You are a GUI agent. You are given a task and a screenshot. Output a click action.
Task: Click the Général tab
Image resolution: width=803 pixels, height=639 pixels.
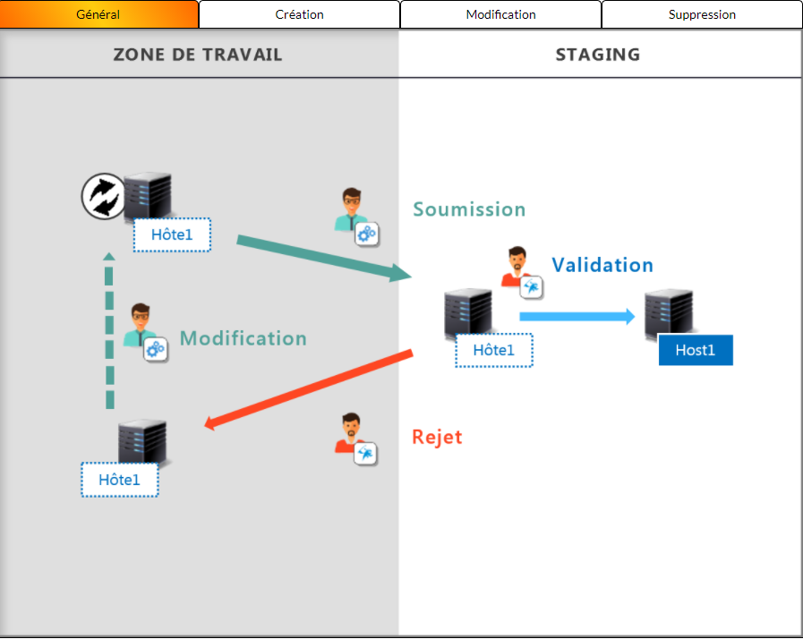[x=98, y=14]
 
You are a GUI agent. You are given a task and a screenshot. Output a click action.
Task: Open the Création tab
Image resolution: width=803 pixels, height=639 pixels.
[x=299, y=14]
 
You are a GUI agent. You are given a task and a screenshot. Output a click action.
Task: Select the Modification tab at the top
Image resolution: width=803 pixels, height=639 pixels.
[x=500, y=14]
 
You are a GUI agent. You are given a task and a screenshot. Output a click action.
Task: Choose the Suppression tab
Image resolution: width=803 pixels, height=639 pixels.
[x=702, y=14]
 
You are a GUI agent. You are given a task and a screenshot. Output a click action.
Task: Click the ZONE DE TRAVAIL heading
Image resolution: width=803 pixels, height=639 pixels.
[x=198, y=55]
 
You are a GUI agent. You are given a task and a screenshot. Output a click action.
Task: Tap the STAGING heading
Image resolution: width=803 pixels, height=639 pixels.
[x=598, y=55]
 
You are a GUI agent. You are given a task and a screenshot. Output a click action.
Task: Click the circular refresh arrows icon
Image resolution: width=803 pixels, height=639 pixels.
[x=104, y=196]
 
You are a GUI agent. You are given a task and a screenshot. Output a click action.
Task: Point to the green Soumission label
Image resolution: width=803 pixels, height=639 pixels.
[x=469, y=209]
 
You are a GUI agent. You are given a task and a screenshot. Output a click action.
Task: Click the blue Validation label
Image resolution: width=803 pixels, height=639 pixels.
[x=602, y=265]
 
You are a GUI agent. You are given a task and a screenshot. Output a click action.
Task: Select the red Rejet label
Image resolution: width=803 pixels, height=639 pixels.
[x=437, y=437]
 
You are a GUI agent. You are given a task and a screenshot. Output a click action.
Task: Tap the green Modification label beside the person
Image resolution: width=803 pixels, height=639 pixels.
[x=243, y=338]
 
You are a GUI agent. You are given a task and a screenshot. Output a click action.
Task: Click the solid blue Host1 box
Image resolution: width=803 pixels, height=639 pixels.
[x=696, y=350]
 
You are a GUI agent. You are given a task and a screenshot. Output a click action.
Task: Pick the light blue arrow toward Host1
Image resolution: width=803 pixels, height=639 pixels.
[x=577, y=316]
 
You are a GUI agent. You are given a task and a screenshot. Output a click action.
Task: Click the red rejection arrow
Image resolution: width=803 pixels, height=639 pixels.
[x=309, y=389]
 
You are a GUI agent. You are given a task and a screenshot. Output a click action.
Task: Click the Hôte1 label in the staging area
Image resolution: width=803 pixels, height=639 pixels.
[x=493, y=350]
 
